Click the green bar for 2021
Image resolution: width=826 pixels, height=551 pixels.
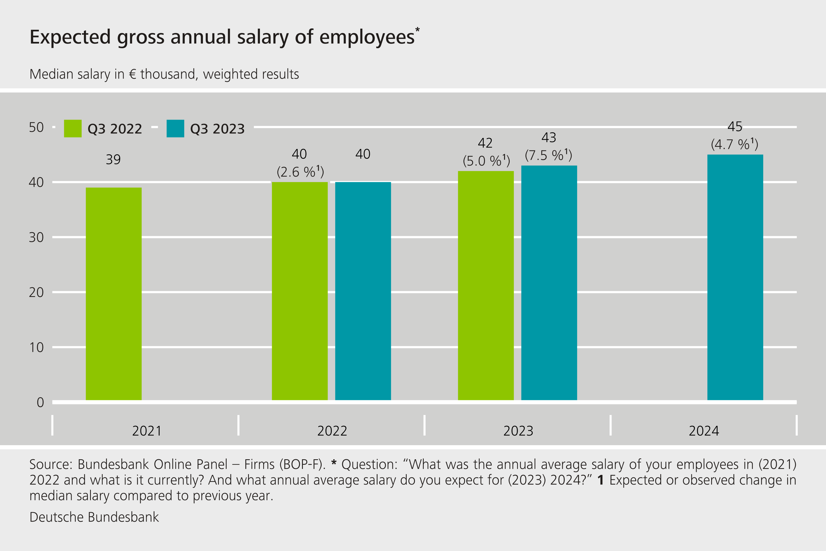pos(113,293)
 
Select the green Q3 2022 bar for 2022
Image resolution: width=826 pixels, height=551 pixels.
pos(300,291)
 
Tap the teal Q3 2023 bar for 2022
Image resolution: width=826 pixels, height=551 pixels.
pos(363,291)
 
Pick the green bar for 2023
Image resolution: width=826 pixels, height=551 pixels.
pos(486,285)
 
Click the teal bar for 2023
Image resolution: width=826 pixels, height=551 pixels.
pos(549,283)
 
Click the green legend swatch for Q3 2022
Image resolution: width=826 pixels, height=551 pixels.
pos(73,129)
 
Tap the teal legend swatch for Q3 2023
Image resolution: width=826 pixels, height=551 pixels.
pos(175,129)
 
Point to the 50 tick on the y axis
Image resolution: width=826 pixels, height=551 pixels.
pos(36,127)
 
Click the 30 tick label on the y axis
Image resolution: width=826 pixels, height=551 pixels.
pos(36,237)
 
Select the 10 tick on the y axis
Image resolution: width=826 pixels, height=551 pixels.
pos(36,347)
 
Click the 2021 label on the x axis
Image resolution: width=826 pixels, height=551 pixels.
pos(147,431)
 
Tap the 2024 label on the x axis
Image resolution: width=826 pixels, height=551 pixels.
pos(704,431)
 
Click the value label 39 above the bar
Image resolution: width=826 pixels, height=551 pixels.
pos(113,160)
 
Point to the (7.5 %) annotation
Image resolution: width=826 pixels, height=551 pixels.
pos(548,155)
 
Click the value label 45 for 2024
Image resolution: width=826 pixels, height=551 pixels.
pos(735,126)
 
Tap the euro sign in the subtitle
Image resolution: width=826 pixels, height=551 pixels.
pos(132,74)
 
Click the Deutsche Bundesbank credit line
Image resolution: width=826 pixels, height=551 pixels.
pos(94,517)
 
